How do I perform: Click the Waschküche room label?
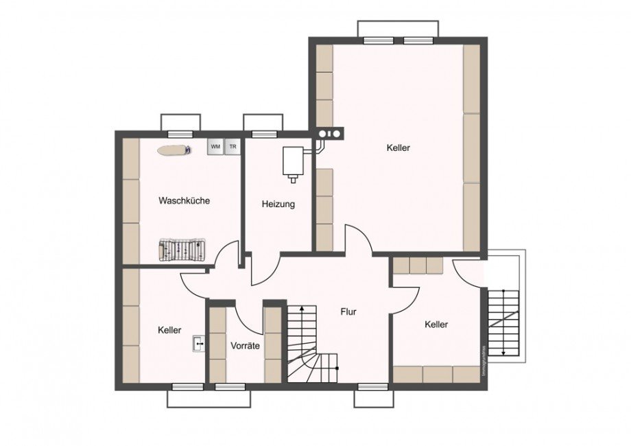click(184, 201)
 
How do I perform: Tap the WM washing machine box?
click(215, 147)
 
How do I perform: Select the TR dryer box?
click(233, 147)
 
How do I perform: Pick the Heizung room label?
click(278, 204)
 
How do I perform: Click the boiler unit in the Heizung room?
click(293, 163)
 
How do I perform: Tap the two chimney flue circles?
click(331, 134)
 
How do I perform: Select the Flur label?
click(348, 312)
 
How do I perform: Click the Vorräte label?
click(245, 346)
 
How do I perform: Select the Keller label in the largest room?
click(398, 148)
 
